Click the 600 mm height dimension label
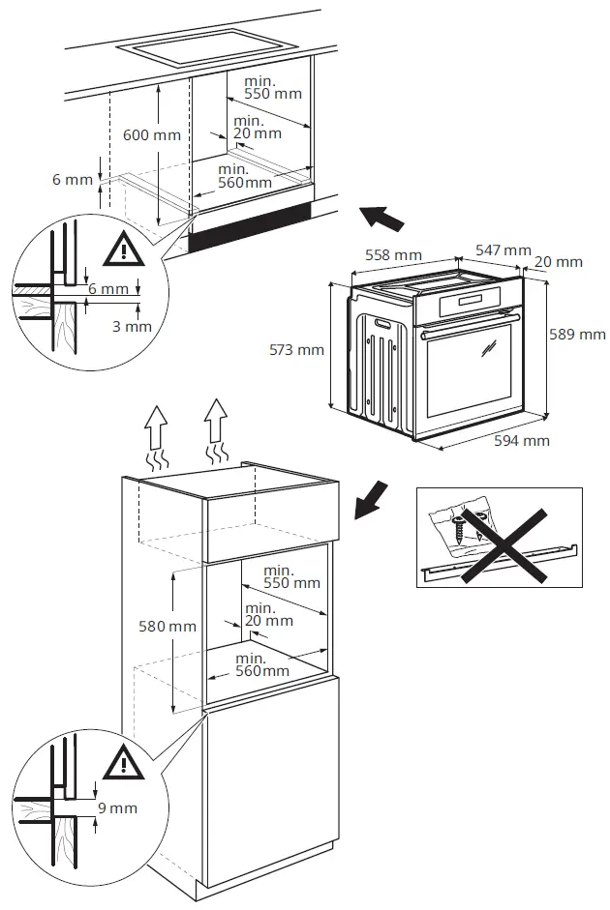151,135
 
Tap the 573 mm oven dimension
296,350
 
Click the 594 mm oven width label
521,441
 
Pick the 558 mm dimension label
393,255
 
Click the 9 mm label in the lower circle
117,807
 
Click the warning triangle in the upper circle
123,251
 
